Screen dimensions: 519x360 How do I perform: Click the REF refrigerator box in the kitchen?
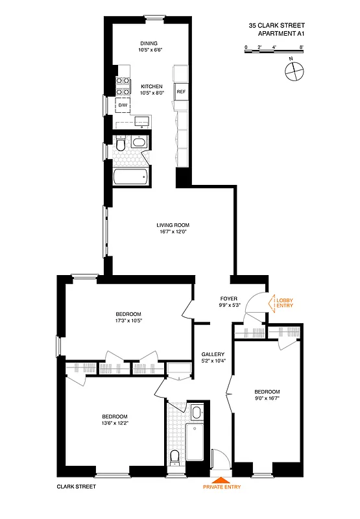pos(181,92)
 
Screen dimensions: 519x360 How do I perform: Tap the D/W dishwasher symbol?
pos(123,104)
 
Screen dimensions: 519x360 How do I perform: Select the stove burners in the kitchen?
pos(123,86)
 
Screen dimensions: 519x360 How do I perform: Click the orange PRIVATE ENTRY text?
pos(222,485)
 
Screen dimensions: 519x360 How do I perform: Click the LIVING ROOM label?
pos(173,226)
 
